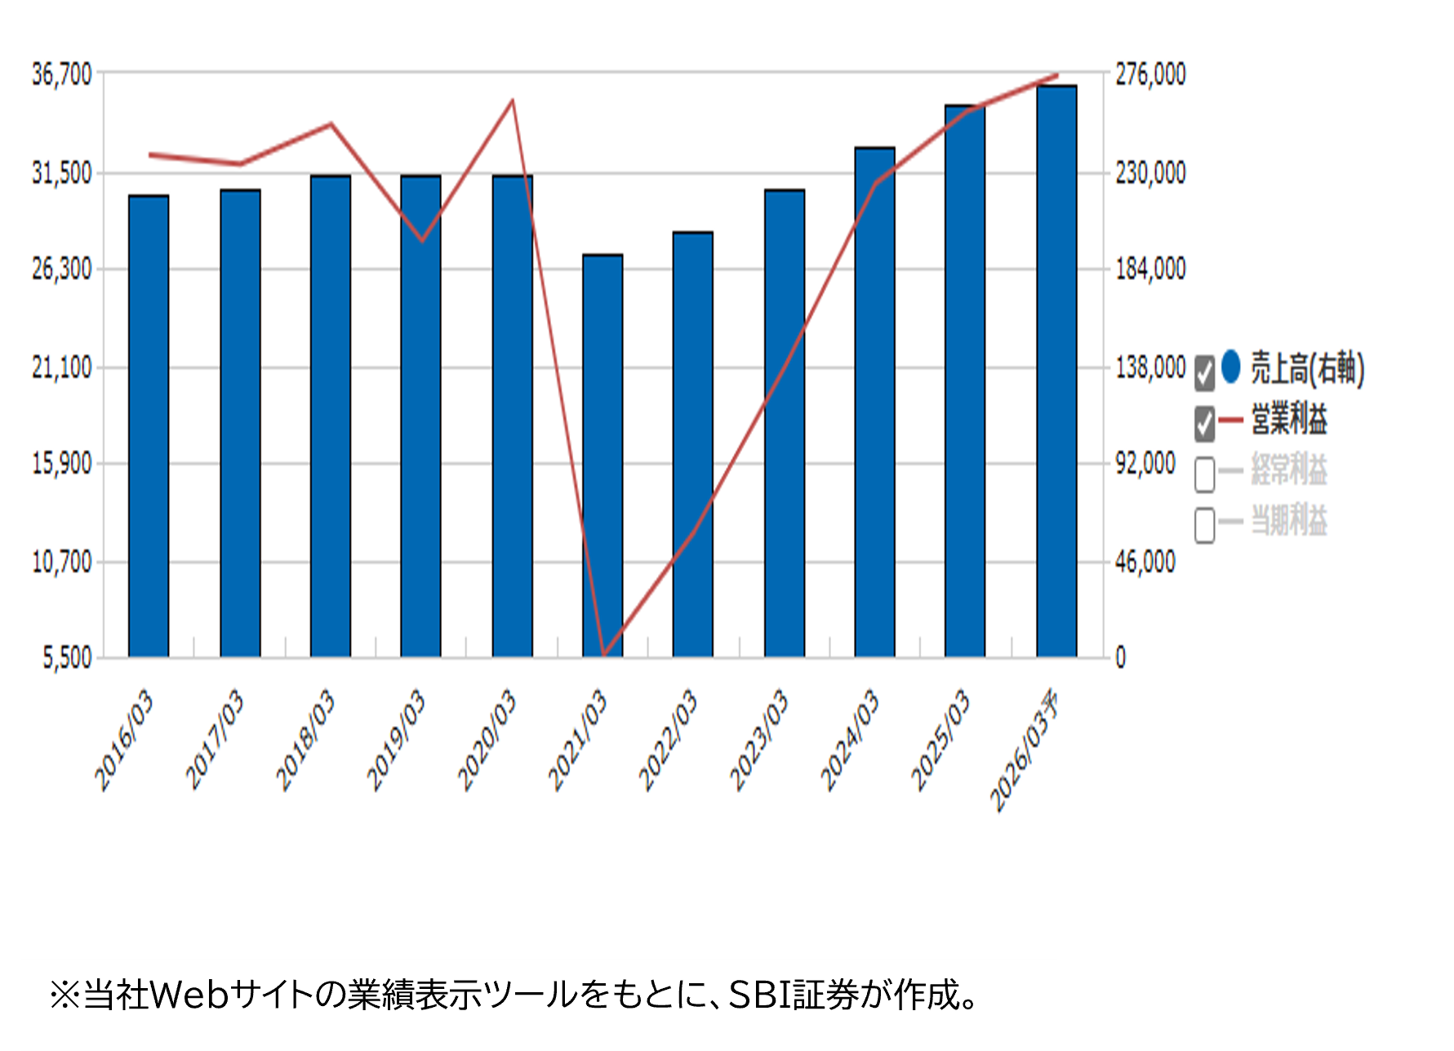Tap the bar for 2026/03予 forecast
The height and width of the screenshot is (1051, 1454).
tap(1056, 372)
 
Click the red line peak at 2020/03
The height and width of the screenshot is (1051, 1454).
tap(512, 101)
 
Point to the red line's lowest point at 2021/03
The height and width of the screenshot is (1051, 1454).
tap(603, 654)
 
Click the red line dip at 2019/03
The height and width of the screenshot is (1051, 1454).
tap(421, 241)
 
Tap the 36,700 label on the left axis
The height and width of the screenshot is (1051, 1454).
tap(61, 74)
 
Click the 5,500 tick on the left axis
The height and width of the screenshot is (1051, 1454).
tap(67, 658)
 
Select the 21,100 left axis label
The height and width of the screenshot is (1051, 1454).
tap(61, 368)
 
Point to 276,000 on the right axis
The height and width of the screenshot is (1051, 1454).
tap(1150, 74)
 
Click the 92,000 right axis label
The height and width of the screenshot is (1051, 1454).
tap(1145, 464)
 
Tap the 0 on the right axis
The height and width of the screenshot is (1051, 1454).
tap(1120, 658)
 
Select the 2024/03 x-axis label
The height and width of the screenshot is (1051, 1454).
tap(851, 740)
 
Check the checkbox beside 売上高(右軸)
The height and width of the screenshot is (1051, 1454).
tap(1204, 373)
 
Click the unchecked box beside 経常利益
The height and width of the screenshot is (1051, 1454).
tap(1204, 474)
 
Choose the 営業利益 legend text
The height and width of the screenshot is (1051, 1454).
tap(1289, 420)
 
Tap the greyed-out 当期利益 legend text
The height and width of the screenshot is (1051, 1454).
tap(1289, 521)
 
